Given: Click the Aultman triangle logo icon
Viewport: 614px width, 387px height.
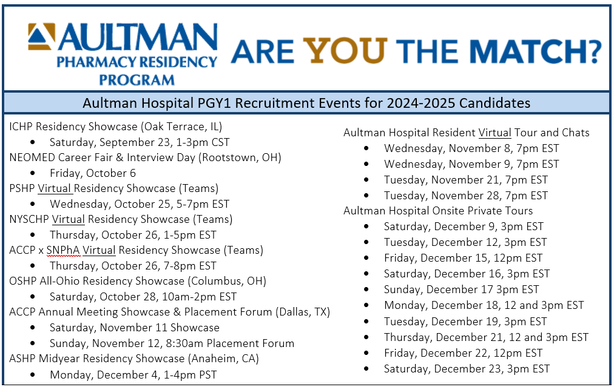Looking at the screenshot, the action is [41, 37].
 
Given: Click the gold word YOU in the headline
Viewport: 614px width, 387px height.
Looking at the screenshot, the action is [345, 51].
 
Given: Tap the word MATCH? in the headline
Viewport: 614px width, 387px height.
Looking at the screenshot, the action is [535, 51].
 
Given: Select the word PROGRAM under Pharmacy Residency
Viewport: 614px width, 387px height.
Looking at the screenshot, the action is [137, 80].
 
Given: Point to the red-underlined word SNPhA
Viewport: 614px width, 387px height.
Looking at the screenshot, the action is [63, 250].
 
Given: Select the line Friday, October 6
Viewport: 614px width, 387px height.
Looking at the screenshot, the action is [93, 173].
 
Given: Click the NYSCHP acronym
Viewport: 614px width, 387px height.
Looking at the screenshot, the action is [29, 219].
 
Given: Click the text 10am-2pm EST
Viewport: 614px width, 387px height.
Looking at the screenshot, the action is [200, 297].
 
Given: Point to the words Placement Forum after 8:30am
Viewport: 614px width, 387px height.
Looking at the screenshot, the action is [250, 343].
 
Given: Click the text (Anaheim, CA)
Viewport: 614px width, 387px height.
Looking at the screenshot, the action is [223, 359].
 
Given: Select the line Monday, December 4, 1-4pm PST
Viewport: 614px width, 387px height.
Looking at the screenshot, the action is [133, 375].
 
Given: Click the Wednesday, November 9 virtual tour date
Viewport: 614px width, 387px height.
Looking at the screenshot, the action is [471, 164].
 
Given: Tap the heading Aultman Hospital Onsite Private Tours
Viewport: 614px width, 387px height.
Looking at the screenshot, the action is [438, 211].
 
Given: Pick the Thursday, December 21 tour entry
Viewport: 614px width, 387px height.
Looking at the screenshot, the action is [486, 337].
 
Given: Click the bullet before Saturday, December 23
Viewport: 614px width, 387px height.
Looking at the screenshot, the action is [366, 369].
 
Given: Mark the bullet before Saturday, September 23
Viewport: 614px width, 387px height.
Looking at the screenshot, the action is [33, 142].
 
